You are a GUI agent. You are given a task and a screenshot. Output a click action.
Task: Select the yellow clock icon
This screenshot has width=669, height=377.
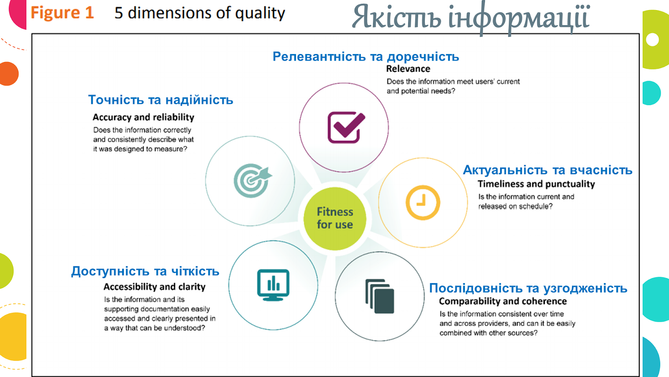(x=423, y=203)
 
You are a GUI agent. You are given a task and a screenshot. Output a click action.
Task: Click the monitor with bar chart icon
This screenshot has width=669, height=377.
(x=273, y=285)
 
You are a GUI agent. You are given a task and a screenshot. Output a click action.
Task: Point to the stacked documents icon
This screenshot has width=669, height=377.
(x=380, y=296)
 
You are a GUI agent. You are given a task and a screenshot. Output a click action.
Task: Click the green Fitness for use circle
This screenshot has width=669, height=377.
(x=335, y=218)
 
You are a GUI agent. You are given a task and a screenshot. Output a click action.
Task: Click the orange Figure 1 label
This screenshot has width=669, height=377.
(x=62, y=13)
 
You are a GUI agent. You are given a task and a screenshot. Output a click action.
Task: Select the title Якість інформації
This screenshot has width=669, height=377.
(x=471, y=17)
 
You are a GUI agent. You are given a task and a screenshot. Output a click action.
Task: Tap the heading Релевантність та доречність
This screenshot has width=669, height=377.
(x=366, y=56)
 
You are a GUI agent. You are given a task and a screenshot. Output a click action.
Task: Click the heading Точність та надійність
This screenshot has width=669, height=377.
(x=161, y=100)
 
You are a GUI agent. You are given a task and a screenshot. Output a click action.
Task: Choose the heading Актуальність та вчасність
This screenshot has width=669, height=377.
(x=547, y=170)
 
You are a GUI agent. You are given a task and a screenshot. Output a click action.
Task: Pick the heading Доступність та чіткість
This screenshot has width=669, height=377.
(x=145, y=271)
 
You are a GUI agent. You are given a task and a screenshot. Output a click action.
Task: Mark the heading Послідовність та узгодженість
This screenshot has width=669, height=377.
(x=528, y=288)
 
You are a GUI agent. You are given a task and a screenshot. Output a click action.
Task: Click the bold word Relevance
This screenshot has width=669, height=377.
(x=408, y=69)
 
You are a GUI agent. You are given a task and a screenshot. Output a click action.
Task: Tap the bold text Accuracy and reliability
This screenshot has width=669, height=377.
(x=143, y=117)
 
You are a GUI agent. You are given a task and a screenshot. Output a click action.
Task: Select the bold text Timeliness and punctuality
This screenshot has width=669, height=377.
(x=536, y=184)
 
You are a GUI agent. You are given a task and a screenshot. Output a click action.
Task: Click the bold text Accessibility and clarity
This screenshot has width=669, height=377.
(x=154, y=287)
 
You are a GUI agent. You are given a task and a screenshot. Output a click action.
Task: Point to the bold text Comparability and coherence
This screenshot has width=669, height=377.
(x=503, y=301)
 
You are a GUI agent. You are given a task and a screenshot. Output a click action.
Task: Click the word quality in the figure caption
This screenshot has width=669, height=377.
(x=260, y=13)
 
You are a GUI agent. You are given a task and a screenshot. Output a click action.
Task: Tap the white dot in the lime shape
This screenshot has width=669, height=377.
(x=652, y=39)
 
